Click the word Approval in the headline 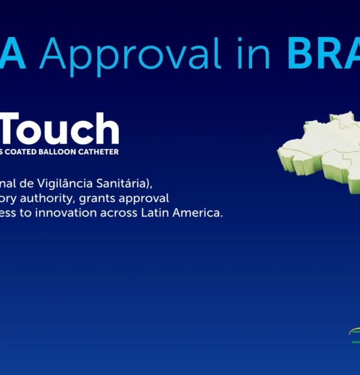click(x=133, y=55)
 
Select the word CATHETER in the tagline click(x=99, y=152)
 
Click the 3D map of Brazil click(x=321, y=150)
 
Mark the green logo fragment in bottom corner click(x=355, y=336)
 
